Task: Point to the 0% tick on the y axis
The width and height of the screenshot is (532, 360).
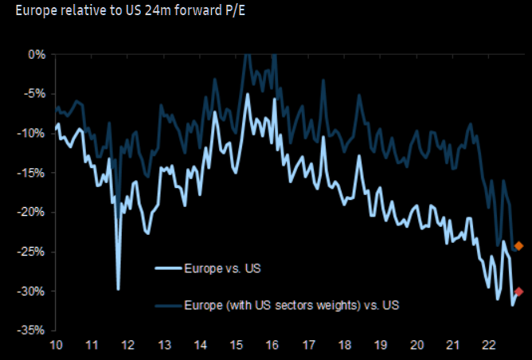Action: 37,54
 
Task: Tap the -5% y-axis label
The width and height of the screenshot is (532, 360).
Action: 36,94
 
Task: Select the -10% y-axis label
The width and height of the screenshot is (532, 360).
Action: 33,133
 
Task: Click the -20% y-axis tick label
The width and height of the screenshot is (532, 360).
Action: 33,212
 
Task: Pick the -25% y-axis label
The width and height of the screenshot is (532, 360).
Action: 33,252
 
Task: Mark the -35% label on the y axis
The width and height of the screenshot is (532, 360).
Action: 33,330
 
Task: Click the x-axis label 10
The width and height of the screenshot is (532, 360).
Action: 56,345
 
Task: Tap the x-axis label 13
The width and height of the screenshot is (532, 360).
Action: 165,345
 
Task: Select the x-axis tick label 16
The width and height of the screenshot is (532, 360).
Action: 272,345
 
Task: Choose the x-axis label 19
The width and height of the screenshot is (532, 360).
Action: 381,345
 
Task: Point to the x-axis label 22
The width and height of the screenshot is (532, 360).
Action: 490,345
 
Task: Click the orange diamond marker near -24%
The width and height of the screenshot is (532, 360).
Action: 519,246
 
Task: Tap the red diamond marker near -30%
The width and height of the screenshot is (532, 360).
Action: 519,292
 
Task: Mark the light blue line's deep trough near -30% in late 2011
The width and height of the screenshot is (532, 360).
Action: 118,289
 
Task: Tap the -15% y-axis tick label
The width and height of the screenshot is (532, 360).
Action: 33,173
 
